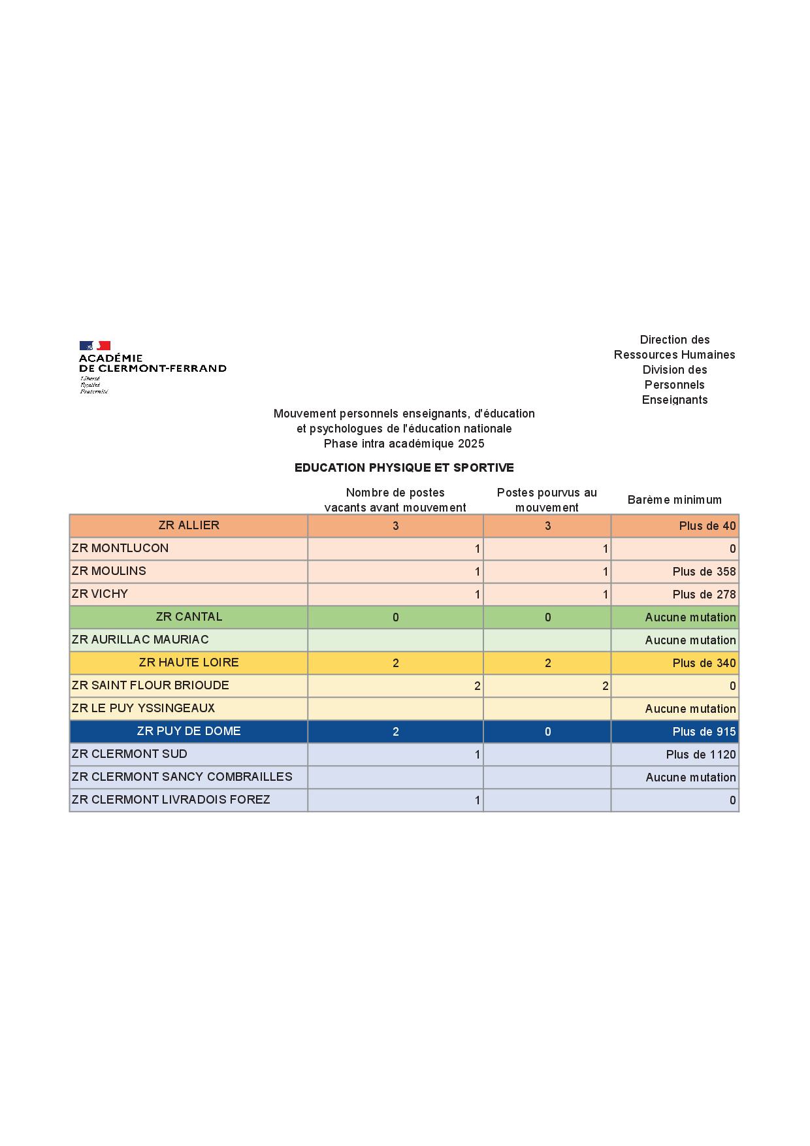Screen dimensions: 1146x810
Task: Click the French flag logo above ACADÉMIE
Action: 95,346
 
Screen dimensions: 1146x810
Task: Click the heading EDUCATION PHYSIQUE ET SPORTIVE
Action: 404,468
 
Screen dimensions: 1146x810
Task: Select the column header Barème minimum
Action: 674,500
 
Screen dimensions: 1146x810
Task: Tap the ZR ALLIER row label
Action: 189,525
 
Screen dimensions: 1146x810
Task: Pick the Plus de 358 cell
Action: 704,572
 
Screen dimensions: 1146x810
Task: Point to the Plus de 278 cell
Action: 704,595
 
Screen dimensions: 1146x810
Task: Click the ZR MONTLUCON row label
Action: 120,548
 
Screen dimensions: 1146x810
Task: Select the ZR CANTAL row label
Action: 189,617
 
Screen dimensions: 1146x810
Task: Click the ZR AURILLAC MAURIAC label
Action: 140,640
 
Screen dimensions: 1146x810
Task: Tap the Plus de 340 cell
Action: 704,663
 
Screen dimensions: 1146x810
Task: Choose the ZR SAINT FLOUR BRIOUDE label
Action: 150,685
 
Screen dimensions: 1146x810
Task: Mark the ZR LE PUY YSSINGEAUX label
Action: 143,708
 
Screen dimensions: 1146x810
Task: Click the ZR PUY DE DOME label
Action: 189,731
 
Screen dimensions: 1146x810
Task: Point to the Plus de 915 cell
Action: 704,732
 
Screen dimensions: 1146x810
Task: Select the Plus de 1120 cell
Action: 700,755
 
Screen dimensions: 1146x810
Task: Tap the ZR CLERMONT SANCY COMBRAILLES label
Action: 182,777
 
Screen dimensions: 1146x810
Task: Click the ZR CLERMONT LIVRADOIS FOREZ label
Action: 170,800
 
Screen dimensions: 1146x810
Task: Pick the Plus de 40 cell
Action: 707,526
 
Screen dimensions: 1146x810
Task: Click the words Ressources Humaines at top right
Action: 674,355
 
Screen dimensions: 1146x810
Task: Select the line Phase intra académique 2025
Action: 404,444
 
